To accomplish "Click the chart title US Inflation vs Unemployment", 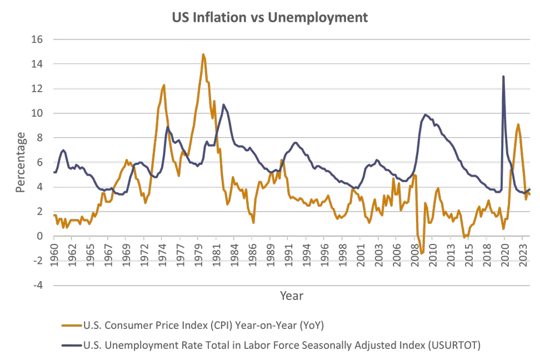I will pyautogui.click(x=269, y=18).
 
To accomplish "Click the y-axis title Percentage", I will pyautogui.click(x=21, y=162).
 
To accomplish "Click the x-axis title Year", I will pyautogui.click(x=292, y=296).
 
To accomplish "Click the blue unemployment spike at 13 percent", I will pyautogui.click(x=503, y=77).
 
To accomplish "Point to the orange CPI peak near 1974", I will pyautogui.click(x=163, y=85).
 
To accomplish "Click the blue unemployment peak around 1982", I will pyautogui.click(x=224, y=104).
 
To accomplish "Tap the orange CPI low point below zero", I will pyautogui.click(x=422, y=253).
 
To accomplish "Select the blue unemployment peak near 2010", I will pyautogui.click(x=426, y=115).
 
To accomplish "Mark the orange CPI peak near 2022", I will pyautogui.click(x=518, y=124).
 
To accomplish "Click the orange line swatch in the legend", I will pyautogui.click(x=71, y=324).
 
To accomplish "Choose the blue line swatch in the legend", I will pyautogui.click(x=71, y=345).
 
